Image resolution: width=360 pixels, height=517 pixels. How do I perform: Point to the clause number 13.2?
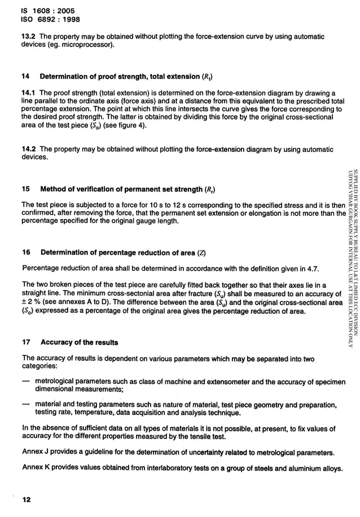29,37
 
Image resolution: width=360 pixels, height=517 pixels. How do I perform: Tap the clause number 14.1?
29,93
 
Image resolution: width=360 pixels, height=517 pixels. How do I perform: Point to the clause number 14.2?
29,150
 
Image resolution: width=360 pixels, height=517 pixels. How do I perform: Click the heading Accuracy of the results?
79,343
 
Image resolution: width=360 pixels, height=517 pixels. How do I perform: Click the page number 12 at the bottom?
27,500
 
